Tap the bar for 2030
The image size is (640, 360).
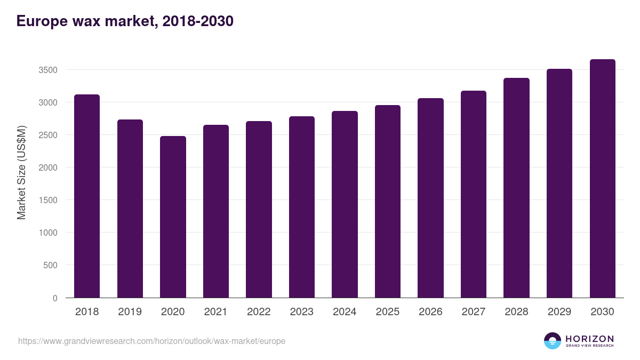pos(602,178)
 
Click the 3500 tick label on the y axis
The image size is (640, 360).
pos(47,70)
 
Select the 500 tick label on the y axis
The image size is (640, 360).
pos(50,265)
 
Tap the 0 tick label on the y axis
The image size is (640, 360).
pos(55,298)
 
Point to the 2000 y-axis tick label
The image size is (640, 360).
pos(47,167)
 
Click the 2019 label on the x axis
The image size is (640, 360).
pos(130,312)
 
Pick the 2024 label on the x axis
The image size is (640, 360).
pos(345,312)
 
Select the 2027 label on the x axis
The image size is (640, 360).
pos(473,312)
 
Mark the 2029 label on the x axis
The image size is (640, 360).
pos(559,312)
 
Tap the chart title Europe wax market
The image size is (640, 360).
pos(125,21)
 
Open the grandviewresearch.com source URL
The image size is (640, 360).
pos(151,341)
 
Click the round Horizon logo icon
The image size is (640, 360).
pos(553,341)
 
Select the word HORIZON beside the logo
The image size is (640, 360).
pos(589,339)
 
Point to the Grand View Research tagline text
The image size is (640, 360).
pos(589,346)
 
